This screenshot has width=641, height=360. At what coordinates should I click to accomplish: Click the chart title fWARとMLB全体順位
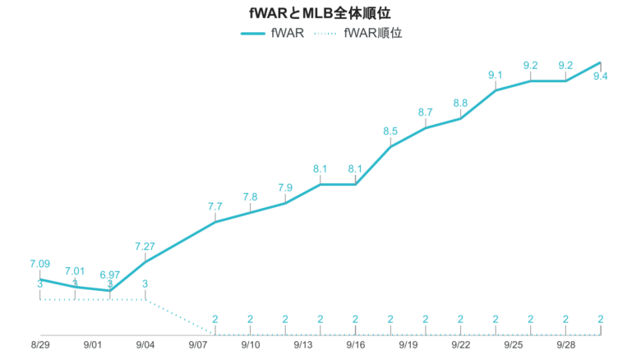click(319, 13)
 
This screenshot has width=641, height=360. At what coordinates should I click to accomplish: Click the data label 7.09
click(39, 264)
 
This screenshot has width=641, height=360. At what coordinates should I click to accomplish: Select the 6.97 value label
click(109, 274)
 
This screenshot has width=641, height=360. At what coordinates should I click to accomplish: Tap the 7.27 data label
click(145, 246)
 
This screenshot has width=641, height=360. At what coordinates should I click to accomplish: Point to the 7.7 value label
click(215, 206)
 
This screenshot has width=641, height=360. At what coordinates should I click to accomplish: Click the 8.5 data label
click(390, 131)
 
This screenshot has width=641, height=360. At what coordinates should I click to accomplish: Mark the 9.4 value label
click(600, 76)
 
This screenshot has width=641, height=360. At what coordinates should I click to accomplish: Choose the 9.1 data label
click(496, 75)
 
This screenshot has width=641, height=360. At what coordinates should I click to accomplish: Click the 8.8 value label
click(460, 103)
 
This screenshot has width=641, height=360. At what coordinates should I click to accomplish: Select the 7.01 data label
click(75, 270)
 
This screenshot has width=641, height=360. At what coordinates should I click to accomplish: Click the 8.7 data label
click(426, 112)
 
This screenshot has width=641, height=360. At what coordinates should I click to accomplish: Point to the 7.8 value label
click(251, 196)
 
